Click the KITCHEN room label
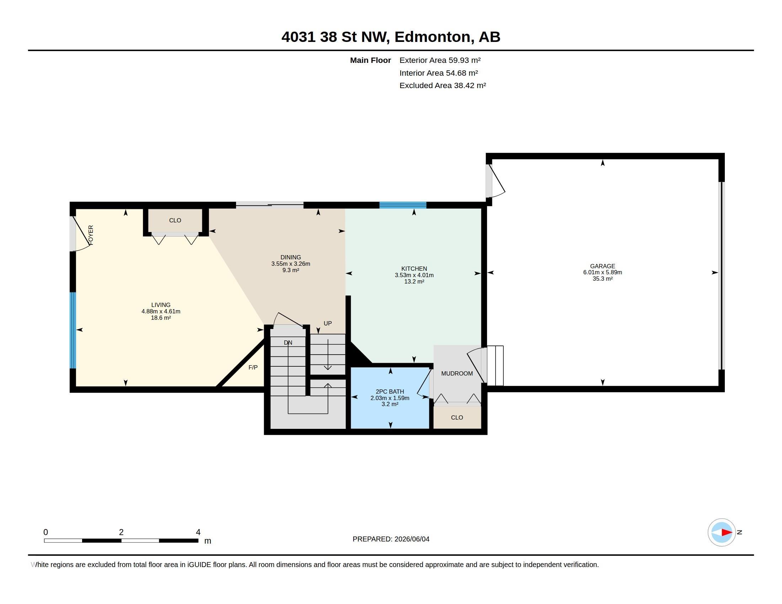[x=414, y=269]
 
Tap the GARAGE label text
[x=602, y=266]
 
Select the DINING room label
[x=291, y=257]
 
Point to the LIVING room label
[x=161, y=305]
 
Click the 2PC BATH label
[x=390, y=392]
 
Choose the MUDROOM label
[x=457, y=373]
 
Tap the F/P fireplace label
[x=253, y=367]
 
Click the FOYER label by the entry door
[x=91, y=235]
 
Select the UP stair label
[x=328, y=323]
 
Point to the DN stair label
[x=288, y=343]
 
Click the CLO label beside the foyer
[x=175, y=220]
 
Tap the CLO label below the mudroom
[x=457, y=417]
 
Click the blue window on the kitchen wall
[x=403, y=205]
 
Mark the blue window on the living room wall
[x=73, y=330]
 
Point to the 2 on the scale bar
[x=121, y=532]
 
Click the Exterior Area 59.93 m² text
[x=440, y=60]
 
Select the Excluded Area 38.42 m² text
[x=443, y=86]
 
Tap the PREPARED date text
[x=391, y=539]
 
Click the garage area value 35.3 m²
[x=602, y=279]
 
